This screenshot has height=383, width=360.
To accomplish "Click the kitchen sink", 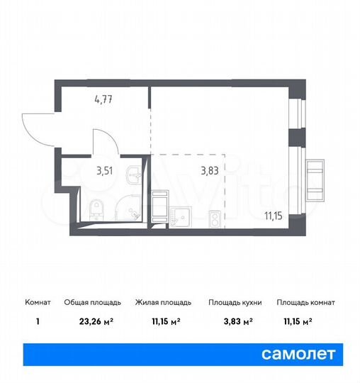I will [180, 215].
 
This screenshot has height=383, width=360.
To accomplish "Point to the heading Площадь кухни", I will [235, 302].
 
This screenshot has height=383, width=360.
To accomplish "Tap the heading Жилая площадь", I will [162, 302].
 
